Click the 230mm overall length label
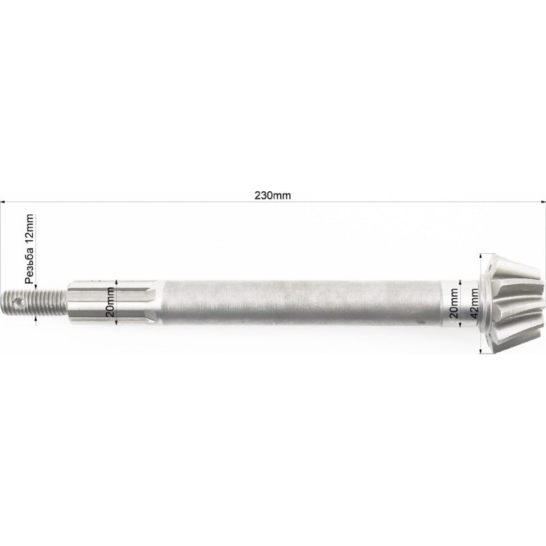click(x=272, y=195)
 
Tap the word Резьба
click(x=29, y=265)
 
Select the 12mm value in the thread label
click(x=29, y=229)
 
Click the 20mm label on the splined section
click(x=111, y=302)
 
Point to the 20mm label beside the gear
click(x=454, y=303)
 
